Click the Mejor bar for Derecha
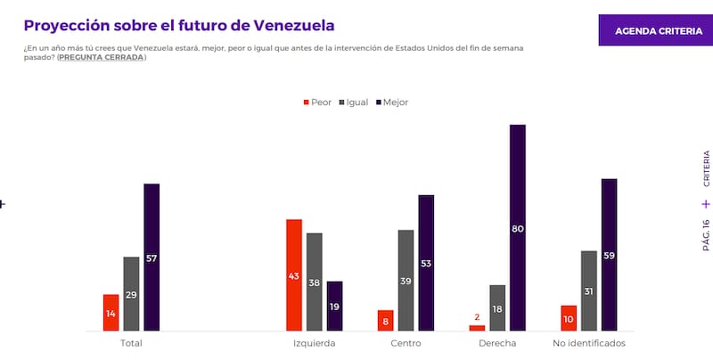pos(518,228)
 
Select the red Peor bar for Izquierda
pos(294,275)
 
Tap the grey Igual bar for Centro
pos(406,281)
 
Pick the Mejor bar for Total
pos(152,258)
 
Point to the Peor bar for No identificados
pos(569,318)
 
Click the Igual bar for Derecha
pos(497,308)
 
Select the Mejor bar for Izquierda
pos(335,307)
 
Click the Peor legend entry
pos(317,102)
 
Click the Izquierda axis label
pos(314,343)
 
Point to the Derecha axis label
pos(497,343)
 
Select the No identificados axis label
pos(589,343)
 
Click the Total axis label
pos(130,343)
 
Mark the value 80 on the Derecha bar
pos(518,229)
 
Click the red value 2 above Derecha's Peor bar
pos(477,317)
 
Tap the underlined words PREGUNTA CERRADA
pos(101,57)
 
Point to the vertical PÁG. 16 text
pos(705,235)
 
